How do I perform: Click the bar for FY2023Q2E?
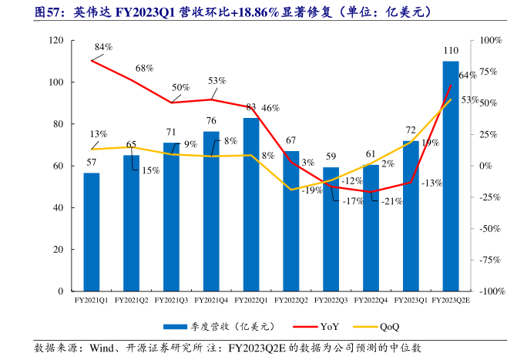coord(451,177)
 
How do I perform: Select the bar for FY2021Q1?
coord(92,233)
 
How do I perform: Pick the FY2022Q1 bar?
coord(251,205)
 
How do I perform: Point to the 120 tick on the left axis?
coord(56,40)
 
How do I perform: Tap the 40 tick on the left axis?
coord(59,208)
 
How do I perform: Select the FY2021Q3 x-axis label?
coord(172,300)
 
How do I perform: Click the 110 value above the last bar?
coord(452,51)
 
